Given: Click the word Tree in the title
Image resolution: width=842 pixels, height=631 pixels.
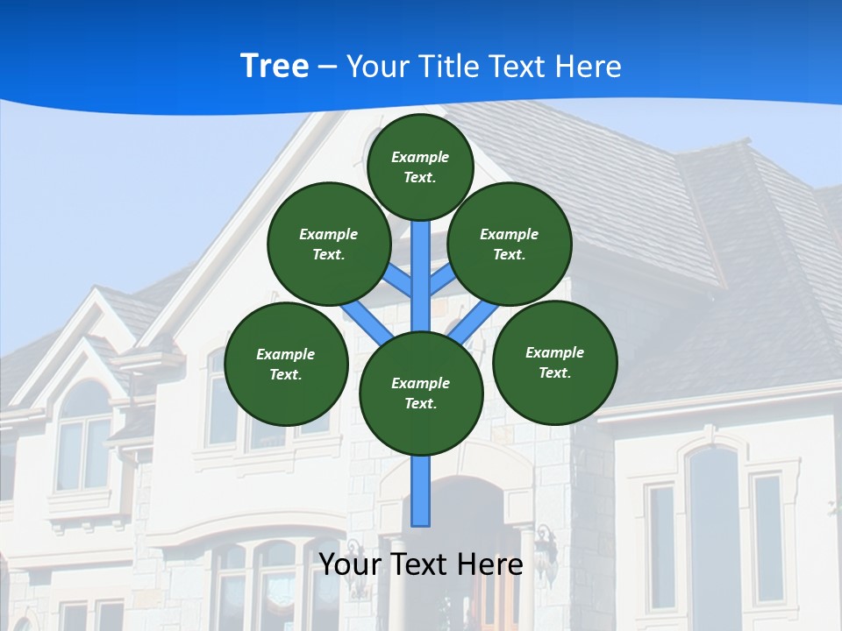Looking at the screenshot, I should pyautogui.click(x=275, y=66).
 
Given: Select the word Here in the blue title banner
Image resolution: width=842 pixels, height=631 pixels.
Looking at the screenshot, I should pyautogui.click(x=589, y=67).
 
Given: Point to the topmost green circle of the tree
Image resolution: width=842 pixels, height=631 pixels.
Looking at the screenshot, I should pyautogui.click(x=420, y=167).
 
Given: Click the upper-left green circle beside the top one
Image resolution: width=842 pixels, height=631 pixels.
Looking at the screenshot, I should pyautogui.click(x=328, y=244).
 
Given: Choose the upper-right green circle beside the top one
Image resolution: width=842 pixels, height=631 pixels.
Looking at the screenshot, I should pyautogui.click(x=510, y=244).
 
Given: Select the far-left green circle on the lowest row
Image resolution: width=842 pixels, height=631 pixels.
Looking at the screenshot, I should pyautogui.click(x=286, y=364).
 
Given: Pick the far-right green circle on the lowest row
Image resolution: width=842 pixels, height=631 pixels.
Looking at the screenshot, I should pyautogui.click(x=554, y=362).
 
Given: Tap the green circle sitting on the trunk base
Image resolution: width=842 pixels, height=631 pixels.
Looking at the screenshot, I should pyautogui.click(x=421, y=393).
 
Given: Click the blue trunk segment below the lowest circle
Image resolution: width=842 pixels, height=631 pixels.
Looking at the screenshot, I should pyautogui.click(x=421, y=491).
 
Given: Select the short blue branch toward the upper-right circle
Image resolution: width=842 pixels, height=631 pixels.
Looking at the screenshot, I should pyautogui.click(x=443, y=280).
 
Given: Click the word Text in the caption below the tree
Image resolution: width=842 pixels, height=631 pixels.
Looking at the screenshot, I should pyautogui.click(x=427, y=564).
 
